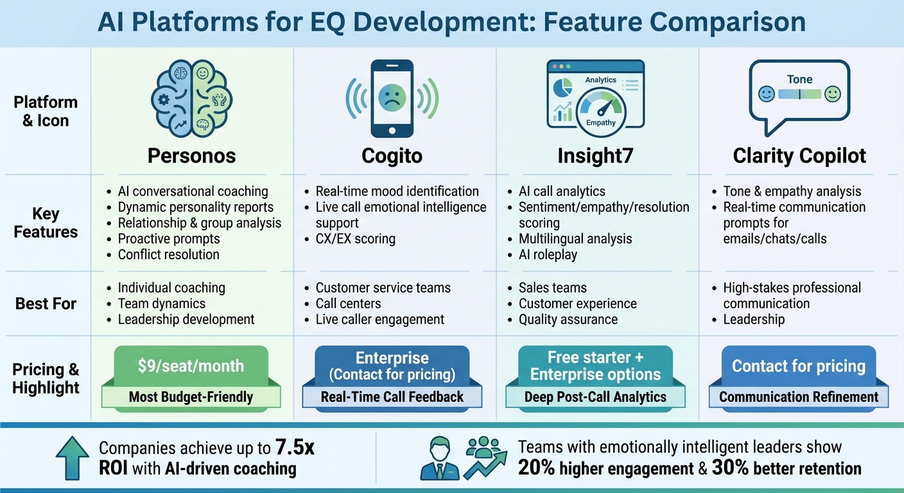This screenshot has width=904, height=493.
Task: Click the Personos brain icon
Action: (x=191, y=97)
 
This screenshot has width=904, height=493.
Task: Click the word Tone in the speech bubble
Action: (x=799, y=80)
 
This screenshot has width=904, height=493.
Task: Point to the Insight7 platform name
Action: (x=595, y=156)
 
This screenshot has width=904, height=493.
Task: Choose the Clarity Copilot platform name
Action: (x=799, y=156)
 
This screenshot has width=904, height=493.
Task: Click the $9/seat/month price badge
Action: (x=191, y=366)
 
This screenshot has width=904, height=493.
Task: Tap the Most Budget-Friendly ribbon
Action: (x=191, y=397)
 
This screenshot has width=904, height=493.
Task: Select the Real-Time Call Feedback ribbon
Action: (x=392, y=397)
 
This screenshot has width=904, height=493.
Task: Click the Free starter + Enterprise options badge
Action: (x=595, y=365)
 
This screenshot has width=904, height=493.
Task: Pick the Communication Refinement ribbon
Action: (x=798, y=397)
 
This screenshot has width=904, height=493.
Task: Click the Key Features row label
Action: (x=46, y=223)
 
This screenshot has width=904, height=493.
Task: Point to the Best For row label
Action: (x=46, y=303)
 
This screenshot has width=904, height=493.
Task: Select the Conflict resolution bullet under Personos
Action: (x=168, y=254)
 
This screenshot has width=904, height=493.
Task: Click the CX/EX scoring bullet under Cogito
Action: (x=355, y=239)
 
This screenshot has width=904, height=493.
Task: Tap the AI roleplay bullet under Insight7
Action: (x=548, y=254)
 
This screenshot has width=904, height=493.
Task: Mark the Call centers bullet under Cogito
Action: (x=348, y=304)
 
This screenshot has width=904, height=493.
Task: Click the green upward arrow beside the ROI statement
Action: (x=73, y=457)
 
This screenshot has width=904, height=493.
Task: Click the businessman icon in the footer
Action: (x=440, y=458)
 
